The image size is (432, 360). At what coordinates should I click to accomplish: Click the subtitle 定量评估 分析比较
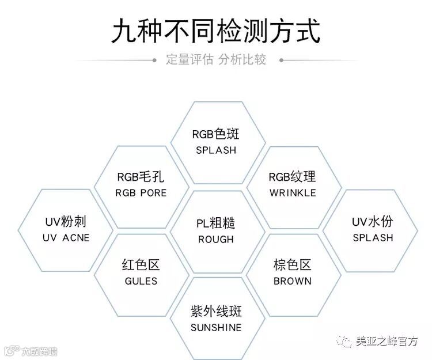click(x=216, y=59)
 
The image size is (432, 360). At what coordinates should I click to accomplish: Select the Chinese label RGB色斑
click(x=215, y=135)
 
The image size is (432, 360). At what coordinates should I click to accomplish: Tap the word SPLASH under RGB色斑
click(x=215, y=150)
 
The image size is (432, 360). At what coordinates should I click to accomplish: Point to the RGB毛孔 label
click(x=140, y=177)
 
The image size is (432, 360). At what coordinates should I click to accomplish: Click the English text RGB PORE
click(x=140, y=192)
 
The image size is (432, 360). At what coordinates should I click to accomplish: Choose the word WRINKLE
click(x=293, y=192)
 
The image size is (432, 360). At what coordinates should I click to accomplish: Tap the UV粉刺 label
click(x=66, y=222)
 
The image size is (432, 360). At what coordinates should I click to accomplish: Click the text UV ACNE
click(x=66, y=237)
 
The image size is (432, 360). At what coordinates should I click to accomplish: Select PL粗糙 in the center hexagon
click(x=215, y=223)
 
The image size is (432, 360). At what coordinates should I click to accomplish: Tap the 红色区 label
click(x=141, y=266)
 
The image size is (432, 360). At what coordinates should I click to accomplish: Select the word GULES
click(x=141, y=281)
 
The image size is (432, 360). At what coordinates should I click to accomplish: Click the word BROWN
click(x=293, y=281)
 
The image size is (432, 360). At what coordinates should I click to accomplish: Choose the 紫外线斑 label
click(x=215, y=312)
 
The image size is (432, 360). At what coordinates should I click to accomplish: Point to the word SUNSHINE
click(x=215, y=327)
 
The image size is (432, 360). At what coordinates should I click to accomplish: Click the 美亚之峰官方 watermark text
click(x=387, y=341)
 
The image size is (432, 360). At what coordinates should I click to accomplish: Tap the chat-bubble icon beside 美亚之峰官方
click(x=346, y=342)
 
